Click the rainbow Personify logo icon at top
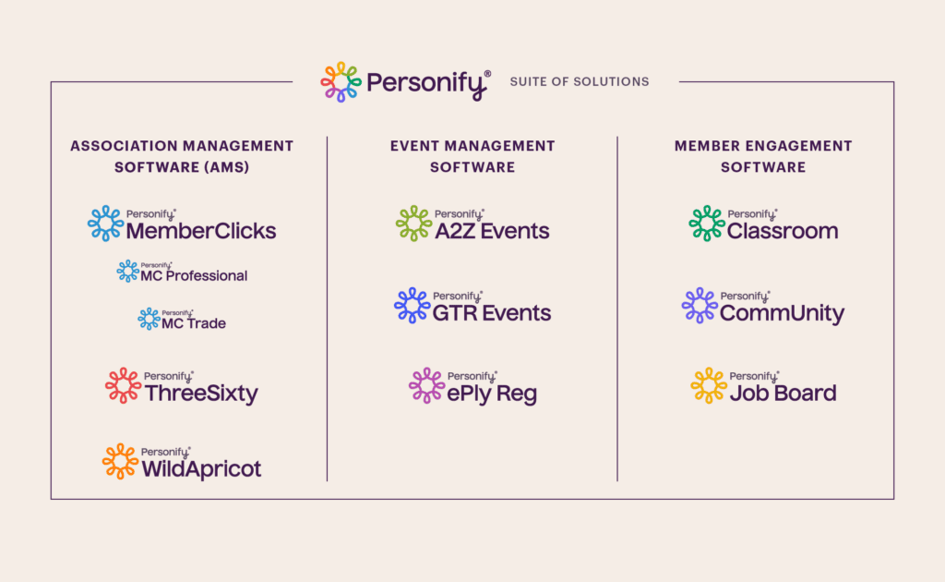coord(341,81)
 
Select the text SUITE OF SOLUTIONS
coord(580,81)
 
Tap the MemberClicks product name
coord(201,231)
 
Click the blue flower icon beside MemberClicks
coord(106,224)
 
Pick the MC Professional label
coord(194,275)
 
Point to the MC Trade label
coord(195,323)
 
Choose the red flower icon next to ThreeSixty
coord(123,385)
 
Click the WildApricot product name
coord(201,469)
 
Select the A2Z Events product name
coord(492,231)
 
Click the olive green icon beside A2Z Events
coord(413,224)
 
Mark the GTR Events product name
coord(492,313)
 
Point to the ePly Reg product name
coord(492,394)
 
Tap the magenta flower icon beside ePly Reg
coord(427,386)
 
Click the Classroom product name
coord(783,231)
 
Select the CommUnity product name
coord(782,314)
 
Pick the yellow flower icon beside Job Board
coord(709,386)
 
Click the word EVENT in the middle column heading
coord(413,146)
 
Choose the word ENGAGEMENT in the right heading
coord(802,146)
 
